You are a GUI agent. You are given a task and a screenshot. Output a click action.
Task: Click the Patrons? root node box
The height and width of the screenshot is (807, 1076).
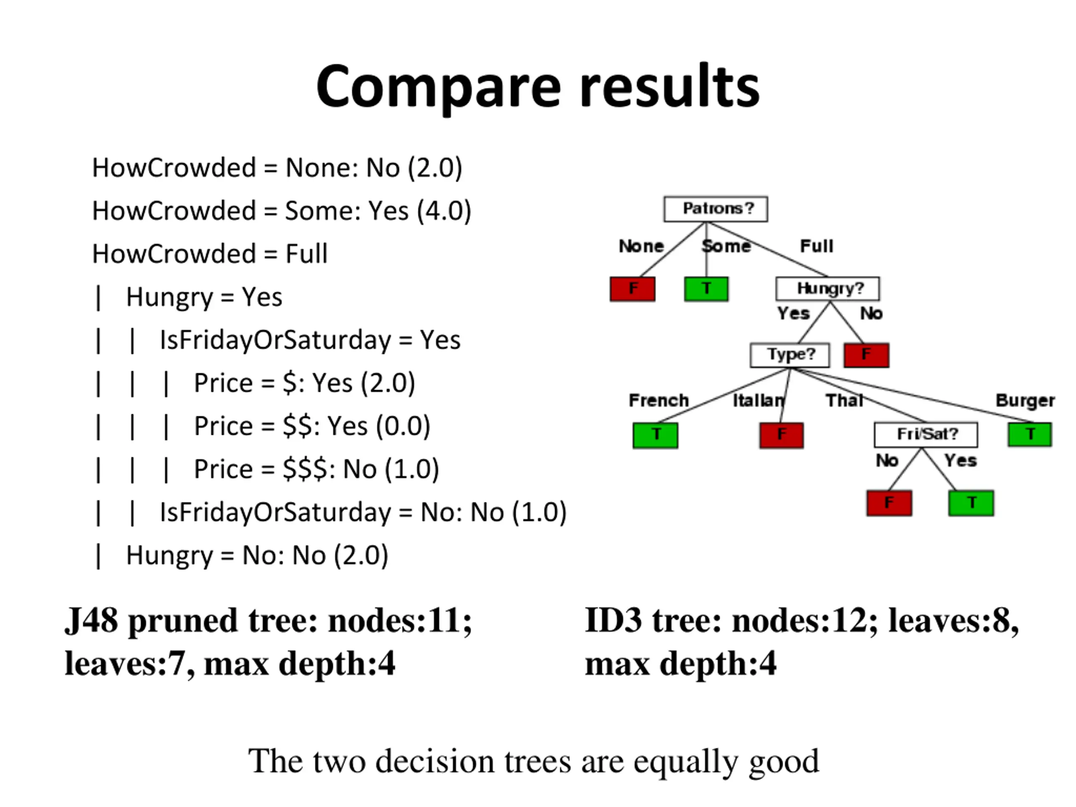tap(715, 209)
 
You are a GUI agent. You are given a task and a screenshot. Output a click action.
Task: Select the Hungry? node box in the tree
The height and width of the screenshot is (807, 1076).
tap(828, 289)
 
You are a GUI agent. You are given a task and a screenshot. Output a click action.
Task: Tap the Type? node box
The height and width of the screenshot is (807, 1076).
tap(790, 355)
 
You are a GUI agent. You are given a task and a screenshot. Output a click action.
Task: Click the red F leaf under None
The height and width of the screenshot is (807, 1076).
tap(633, 289)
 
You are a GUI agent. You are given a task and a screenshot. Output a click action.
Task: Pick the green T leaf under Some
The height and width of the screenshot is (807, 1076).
tap(706, 289)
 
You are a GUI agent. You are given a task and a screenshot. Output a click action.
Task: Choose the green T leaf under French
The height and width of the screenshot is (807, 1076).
tap(655, 435)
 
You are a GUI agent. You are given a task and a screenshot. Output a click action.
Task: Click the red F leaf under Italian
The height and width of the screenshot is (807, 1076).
tap(781, 435)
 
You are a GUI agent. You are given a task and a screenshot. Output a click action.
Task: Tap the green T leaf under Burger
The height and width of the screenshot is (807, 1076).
tap(1030, 434)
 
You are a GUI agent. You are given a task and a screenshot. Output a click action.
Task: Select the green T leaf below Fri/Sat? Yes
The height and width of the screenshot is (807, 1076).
tap(971, 503)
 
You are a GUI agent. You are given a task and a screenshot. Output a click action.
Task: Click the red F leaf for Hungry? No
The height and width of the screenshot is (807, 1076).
tap(866, 355)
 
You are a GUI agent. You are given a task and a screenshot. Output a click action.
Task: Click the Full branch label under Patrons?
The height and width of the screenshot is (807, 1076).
tap(817, 246)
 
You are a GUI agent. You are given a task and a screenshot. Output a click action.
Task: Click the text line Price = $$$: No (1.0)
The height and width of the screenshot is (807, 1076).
tap(316, 469)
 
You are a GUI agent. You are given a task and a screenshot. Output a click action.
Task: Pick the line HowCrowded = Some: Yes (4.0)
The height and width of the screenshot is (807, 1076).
tap(282, 211)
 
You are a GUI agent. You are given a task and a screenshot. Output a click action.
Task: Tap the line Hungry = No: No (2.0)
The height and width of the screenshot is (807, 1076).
tap(257, 556)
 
